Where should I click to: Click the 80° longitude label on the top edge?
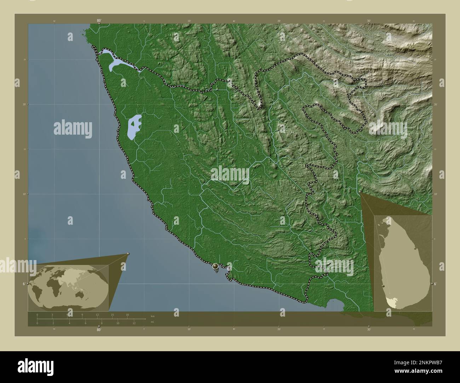pos(99,21)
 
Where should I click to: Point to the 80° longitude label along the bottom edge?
pos(99,330)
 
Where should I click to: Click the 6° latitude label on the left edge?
pos(24,284)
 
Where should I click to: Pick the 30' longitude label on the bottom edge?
pos(369,329)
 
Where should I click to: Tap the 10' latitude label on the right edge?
pos(436,194)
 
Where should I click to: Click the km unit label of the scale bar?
pos(153,316)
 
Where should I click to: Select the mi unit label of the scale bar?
pos(153,322)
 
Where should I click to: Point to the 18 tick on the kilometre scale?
pos(127,314)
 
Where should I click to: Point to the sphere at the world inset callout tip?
pos(128,254)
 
